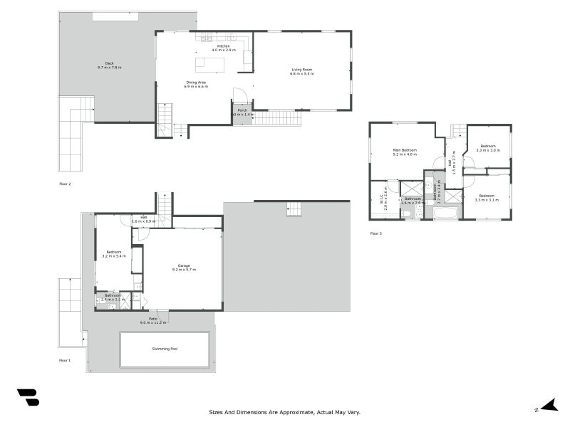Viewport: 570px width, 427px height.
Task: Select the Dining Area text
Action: pos(196,84)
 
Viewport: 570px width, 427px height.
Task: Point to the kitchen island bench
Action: pos(210,65)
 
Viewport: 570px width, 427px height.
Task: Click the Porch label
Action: pos(242,111)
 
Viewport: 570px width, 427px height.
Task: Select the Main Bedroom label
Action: pos(404,151)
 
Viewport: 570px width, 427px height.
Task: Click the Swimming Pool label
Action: pos(165,349)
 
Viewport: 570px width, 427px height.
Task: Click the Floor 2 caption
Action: pos(65,184)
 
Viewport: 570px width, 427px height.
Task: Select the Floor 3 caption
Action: pos(376,233)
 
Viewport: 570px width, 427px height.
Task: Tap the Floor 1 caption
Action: pos(65,361)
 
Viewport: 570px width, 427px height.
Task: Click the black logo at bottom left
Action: pos(28,397)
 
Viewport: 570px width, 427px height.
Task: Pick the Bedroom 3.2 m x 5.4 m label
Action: pos(113,253)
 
